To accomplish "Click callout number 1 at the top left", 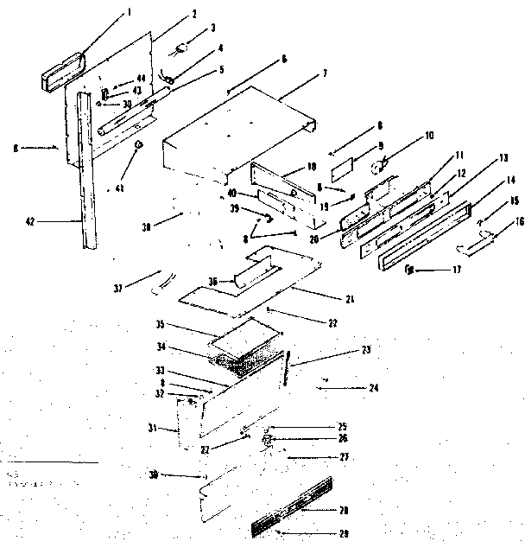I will [130, 12].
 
